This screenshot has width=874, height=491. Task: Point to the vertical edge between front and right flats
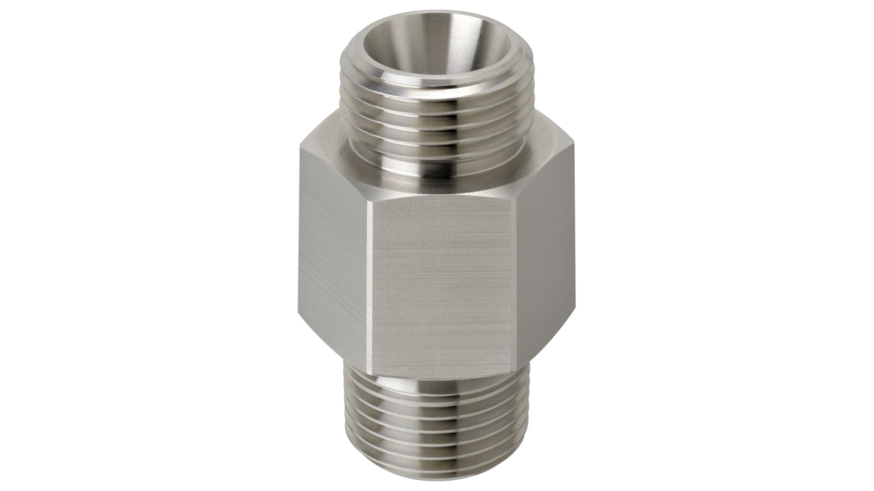tap(515, 283)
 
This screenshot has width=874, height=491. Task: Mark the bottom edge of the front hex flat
tap(441, 375)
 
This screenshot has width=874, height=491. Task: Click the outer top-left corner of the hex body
tap(301, 148)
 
